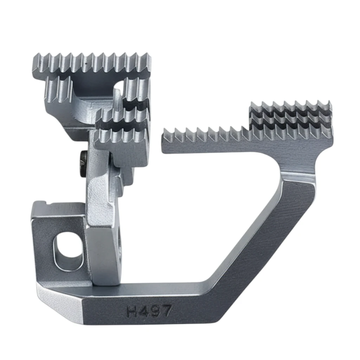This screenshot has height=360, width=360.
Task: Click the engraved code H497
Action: coord(149,311)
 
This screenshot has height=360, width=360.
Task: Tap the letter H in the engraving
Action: coord(133,311)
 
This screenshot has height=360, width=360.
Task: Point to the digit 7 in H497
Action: coord(166,310)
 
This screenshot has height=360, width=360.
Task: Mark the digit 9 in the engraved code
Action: coord(155,310)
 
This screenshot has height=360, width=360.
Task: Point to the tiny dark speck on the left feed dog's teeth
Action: coord(86,64)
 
